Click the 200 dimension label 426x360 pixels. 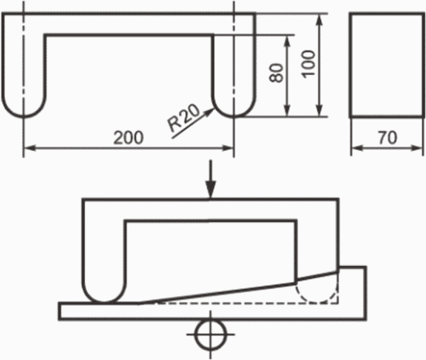tap(128, 137)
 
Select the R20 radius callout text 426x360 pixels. tap(184, 118)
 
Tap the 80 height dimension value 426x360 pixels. tap(276, 72)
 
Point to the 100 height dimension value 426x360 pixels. tap(309, 64)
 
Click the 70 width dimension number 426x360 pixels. tap(387, 137)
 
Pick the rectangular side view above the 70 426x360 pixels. tap(387, 65)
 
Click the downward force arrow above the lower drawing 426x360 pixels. tap(210, 180)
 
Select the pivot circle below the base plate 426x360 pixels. tap(211, 335)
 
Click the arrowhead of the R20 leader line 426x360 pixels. tap(210, 112)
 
